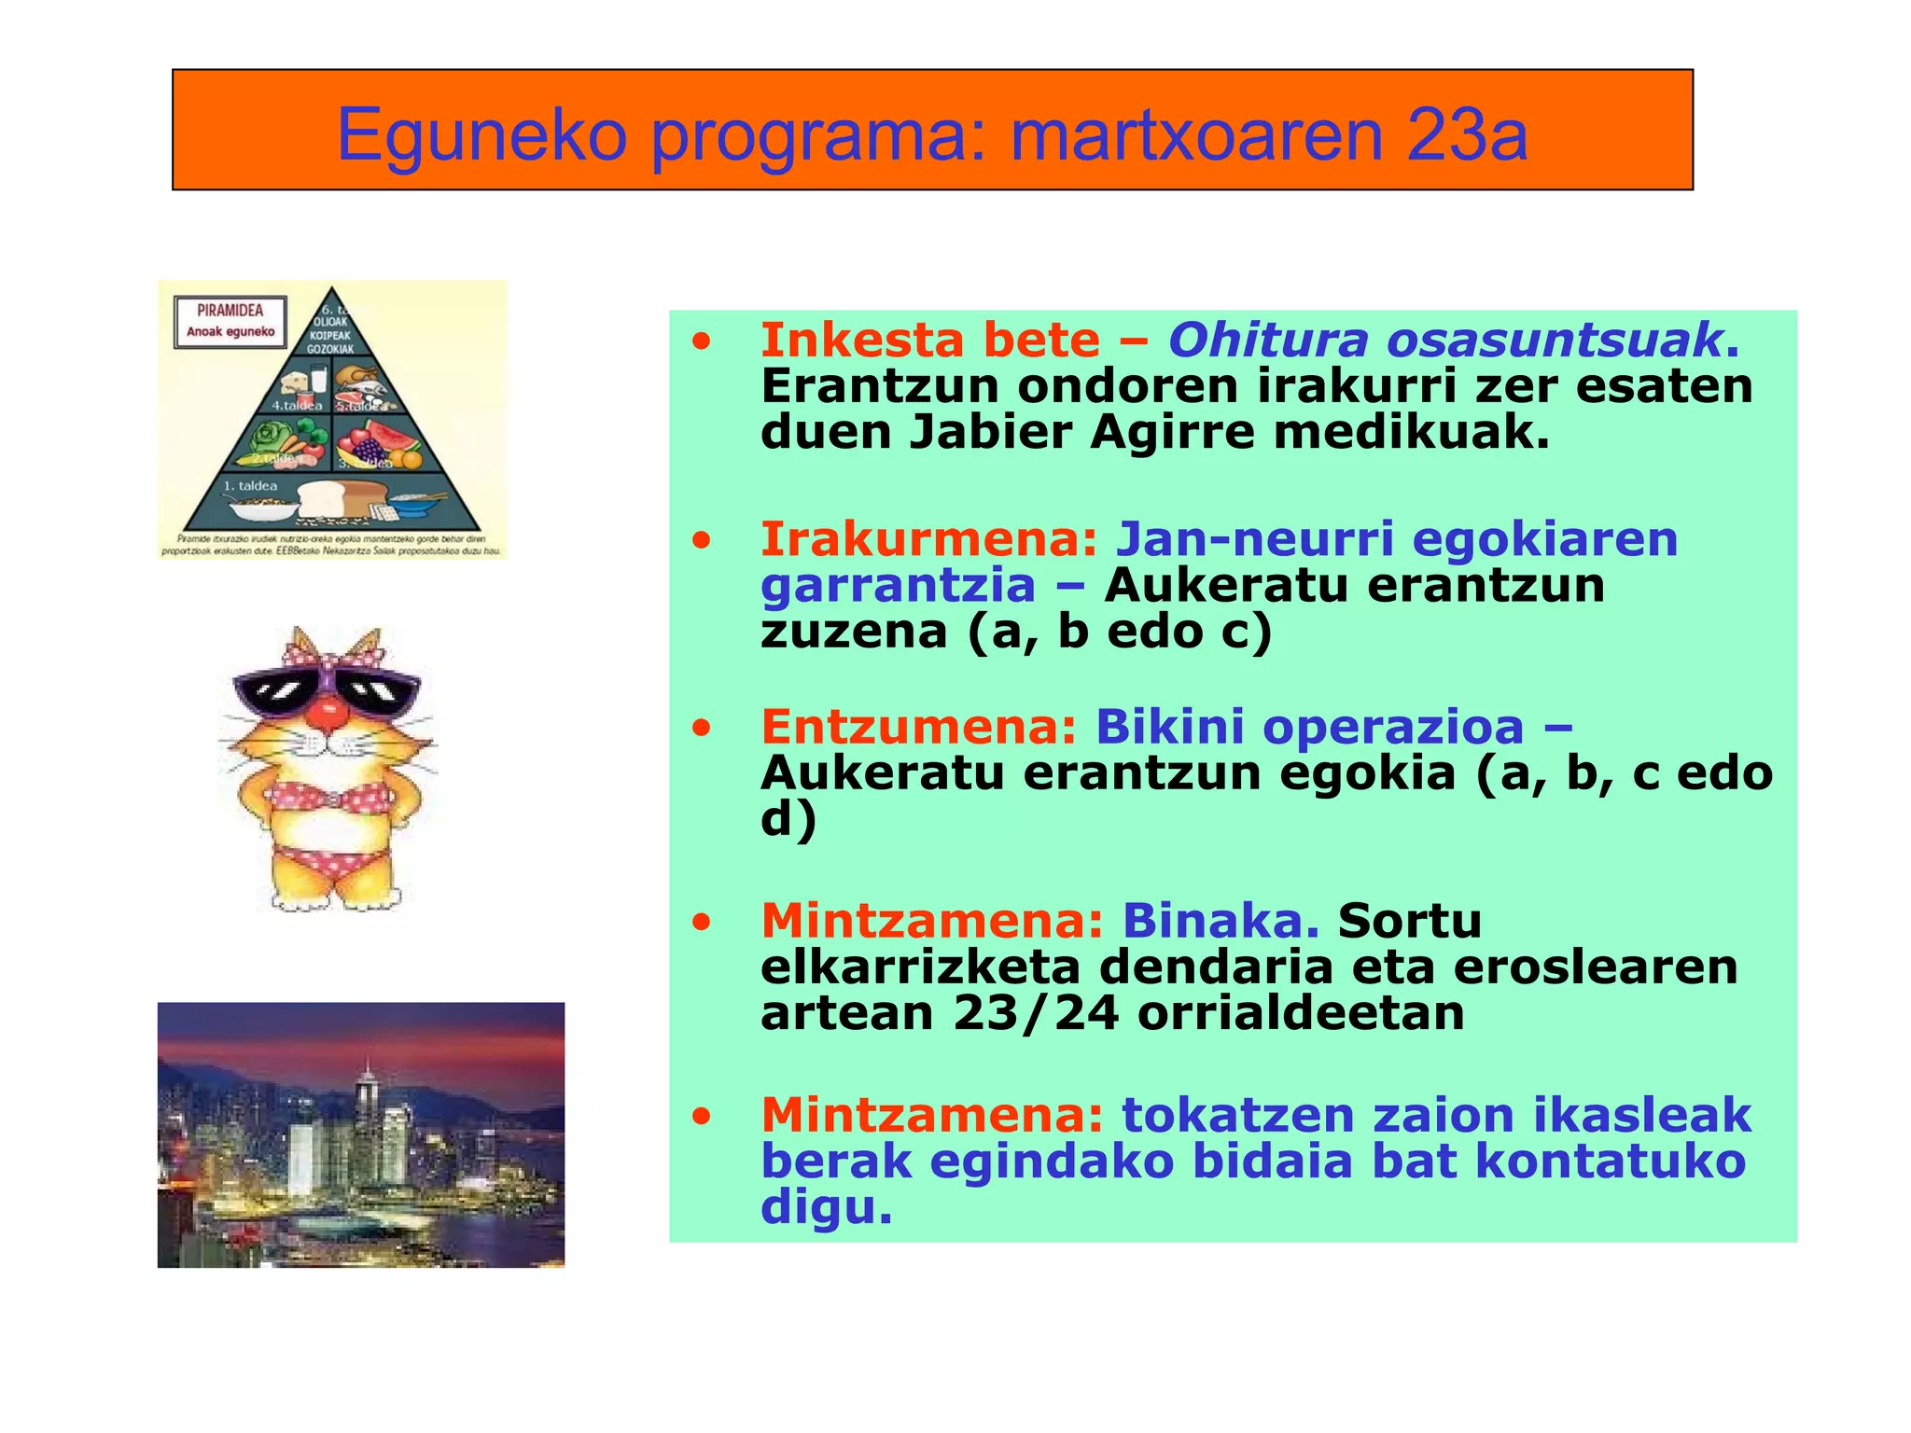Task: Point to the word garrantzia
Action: click(898, 586)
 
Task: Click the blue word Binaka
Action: click(1220, 921)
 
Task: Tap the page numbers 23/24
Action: click(1035, 1013)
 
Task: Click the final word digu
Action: click(827, 1207)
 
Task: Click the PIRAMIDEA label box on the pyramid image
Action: click(230, 321)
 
